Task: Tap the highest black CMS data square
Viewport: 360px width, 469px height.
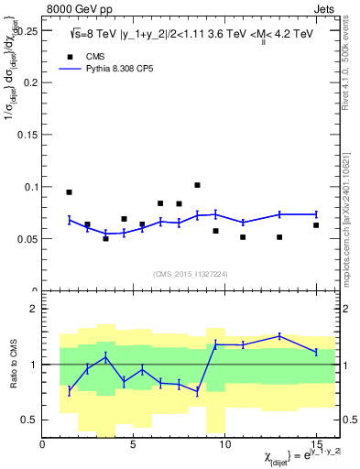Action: [x=197, y=185]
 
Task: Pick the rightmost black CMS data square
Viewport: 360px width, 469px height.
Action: [x=316, y=225]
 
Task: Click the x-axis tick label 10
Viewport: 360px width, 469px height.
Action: [x=224, y=444]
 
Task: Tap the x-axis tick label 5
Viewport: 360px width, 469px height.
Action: [x=134, y=444]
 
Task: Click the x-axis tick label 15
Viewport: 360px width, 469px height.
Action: [x=316, y=444]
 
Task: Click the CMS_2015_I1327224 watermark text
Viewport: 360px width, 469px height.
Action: [x=190, y=273]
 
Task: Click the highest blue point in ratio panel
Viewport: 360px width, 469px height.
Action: [x=279, y=336]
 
